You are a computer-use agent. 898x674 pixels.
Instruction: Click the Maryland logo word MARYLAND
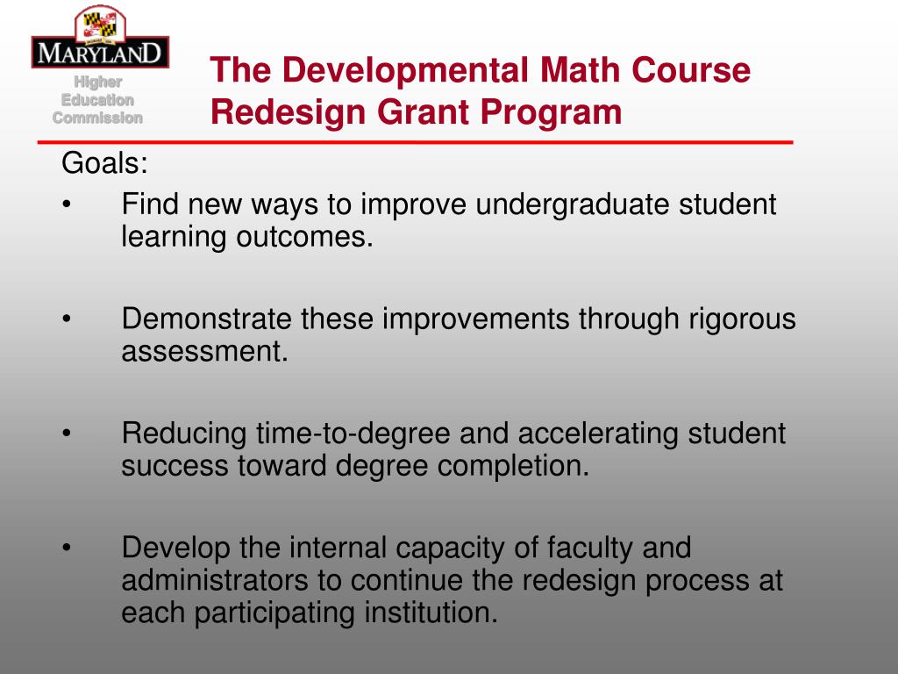pos(99,52)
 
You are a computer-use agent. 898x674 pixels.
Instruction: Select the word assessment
pos(204,352)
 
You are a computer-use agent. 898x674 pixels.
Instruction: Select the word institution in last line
pos(430,613)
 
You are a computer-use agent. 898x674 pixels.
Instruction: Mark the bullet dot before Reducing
pos(68,434)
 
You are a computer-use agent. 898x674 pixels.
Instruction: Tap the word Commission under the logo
pos(97,118)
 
